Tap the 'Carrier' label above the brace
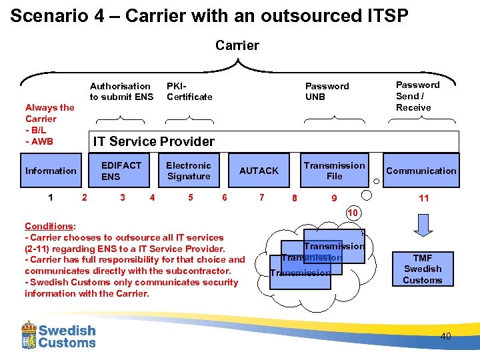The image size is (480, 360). point(237,45)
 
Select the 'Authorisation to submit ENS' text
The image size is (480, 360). point(121,91)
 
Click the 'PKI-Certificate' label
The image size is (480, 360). point(189,91)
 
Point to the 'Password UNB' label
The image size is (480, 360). point(327,91)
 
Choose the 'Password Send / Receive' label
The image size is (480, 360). point(418,96)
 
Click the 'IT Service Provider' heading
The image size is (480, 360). point(154,141)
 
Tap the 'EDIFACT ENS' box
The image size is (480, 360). point(121,171)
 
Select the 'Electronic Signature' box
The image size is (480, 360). point(188,171)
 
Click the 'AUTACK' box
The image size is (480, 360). point(259,171)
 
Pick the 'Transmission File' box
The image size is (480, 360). point(334,171)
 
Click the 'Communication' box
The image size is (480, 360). point(421,171)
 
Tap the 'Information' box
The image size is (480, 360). point(51,171)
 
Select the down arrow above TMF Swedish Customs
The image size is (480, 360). point(423,225)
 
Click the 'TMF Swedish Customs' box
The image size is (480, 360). point(423,269)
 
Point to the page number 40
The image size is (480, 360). point(445,336)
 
